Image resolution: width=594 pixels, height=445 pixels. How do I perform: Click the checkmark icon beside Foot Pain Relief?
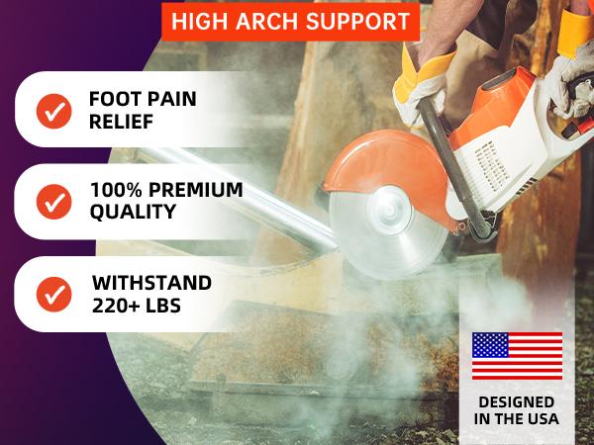[x=52, y=110]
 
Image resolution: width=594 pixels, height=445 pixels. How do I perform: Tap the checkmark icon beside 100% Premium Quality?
[x=52, y=202]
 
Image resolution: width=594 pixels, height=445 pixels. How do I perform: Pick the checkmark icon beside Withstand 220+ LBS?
[x=52, y=294]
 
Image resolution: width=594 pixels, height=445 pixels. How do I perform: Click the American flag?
[x=517, y=355]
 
